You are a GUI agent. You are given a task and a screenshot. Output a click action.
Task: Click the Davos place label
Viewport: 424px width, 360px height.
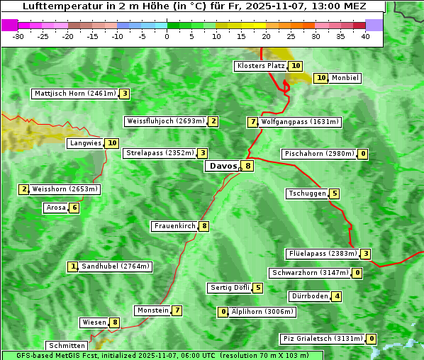(223, 166)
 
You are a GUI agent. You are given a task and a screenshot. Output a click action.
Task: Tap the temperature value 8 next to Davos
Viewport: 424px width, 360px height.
(247, 166)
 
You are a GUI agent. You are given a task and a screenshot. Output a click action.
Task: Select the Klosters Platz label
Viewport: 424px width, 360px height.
(260, 66)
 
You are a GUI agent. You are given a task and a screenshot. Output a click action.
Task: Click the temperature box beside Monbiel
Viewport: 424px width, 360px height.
(320, 78)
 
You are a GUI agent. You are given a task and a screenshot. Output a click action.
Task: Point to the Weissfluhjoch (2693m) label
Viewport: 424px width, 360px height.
(165, 121)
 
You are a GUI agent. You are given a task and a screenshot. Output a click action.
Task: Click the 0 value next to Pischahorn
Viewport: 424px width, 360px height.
(363, 154)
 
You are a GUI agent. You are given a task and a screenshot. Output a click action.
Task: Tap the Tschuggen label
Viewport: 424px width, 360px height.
(307, 193)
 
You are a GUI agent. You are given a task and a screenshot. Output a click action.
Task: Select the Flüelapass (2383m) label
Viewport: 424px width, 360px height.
(321, 254)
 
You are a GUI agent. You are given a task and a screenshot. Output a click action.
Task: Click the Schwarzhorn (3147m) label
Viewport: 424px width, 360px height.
(311, 273)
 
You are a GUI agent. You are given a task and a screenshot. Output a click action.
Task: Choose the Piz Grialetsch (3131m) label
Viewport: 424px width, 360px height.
(323, 339)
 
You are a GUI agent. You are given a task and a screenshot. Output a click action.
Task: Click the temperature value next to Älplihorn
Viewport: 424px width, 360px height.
(223, 312)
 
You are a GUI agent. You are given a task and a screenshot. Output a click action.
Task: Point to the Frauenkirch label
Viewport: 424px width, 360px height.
(174, 226)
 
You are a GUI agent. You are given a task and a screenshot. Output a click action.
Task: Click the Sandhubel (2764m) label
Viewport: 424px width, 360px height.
(115, 266)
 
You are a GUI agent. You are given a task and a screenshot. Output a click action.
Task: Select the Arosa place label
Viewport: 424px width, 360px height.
(55, 208)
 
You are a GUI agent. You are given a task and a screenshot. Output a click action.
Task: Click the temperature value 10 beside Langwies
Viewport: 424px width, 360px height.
(112, 143)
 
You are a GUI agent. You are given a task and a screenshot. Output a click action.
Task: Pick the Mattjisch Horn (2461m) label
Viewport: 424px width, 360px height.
(74, 94)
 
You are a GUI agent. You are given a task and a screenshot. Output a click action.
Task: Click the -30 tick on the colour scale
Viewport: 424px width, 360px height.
(18, 36)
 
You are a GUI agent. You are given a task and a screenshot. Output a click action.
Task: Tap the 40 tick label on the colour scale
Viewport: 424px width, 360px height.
(365, 36)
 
